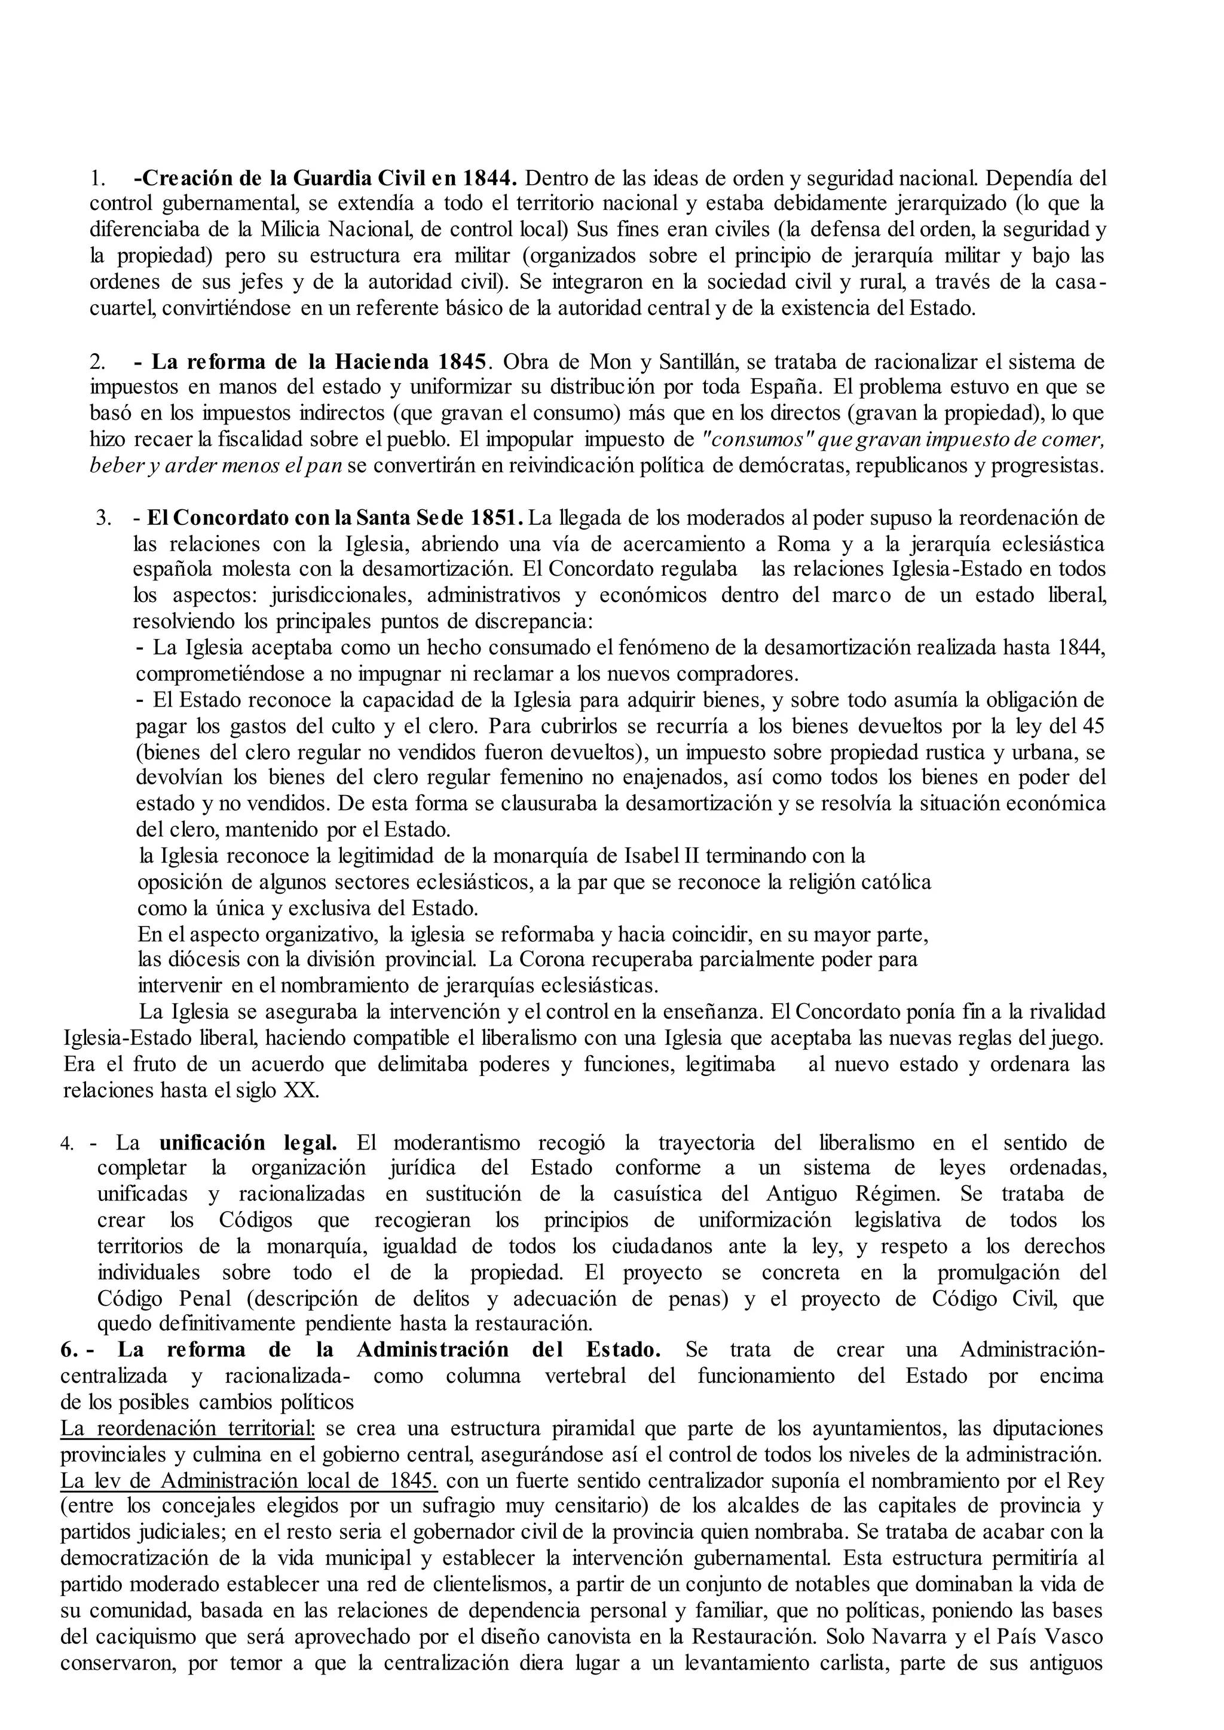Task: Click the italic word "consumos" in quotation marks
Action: click(x=750, y=439)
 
